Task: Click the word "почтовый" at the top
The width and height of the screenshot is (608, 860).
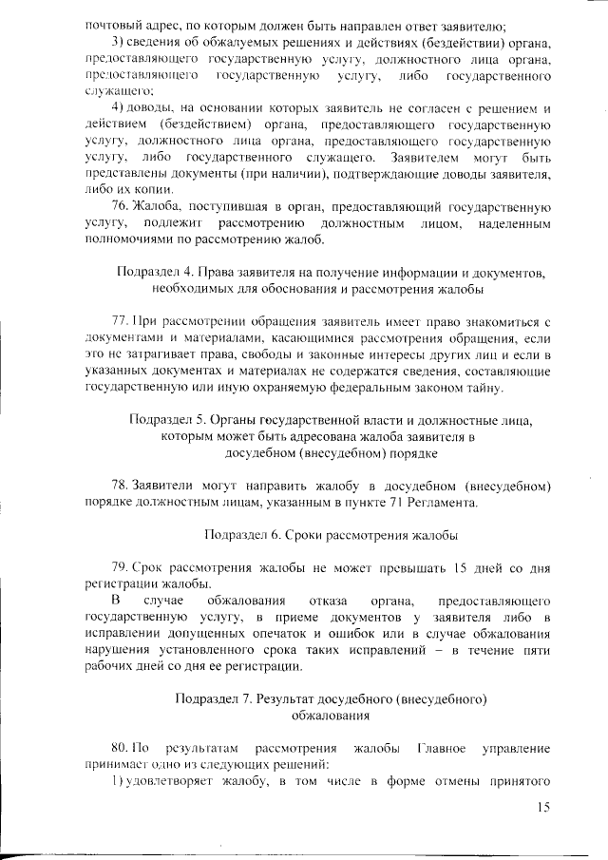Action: [x=111, y=22]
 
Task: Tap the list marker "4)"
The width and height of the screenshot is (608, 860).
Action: [x=120, y=107]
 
